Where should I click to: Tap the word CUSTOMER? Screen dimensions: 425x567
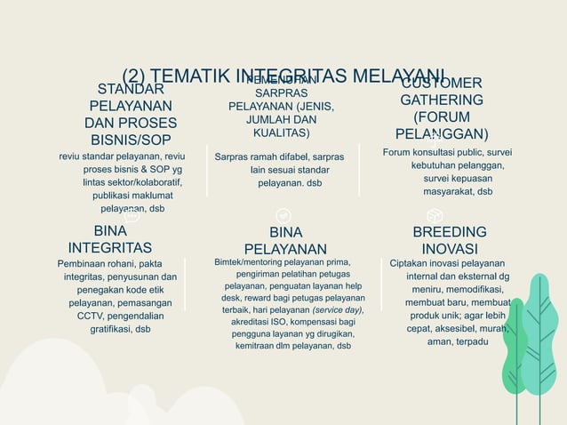(x=442, y=83)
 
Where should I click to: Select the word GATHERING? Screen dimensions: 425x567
(x=442, y=100)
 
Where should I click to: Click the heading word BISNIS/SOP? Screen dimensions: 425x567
(x=131, y=140)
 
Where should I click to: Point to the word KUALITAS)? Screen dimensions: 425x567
(x=282, y=133)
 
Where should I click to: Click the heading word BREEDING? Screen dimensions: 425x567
(x=450, y=232)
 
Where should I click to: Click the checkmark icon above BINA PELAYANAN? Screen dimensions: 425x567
(x=283, y=215)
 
